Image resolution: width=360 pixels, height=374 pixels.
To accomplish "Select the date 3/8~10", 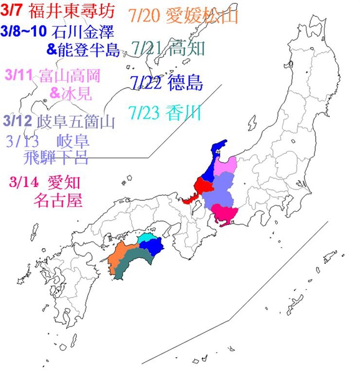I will click(24, 31).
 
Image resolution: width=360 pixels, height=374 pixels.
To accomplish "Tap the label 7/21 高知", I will click(169, 47).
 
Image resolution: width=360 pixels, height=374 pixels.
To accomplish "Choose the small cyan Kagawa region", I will click(147, 237).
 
